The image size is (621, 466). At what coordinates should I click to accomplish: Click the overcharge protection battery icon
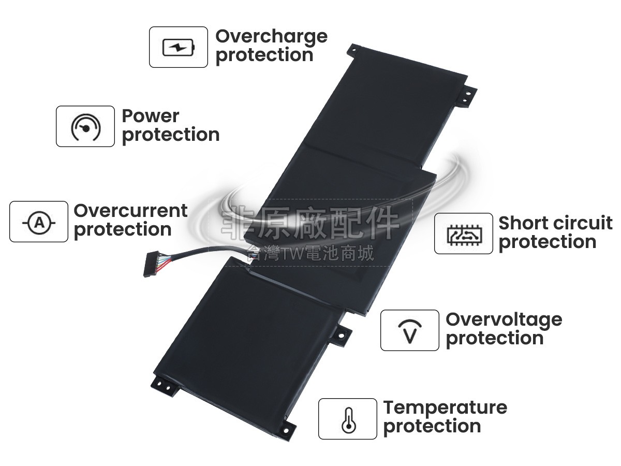coord(179,47)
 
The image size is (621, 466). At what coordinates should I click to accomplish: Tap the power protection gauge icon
coord(85,126)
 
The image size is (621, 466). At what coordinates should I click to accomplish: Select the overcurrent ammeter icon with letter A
coord(39,222)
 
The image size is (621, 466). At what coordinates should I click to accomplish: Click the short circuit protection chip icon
coord(463,234)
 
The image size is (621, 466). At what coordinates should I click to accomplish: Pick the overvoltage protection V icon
coord(409,330)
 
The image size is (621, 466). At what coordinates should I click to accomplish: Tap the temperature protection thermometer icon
coord(348,419)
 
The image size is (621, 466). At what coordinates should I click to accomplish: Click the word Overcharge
coord(271,37)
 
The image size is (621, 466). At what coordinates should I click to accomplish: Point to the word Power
coord(151,116)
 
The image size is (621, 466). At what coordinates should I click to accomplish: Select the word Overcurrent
coord(130,211)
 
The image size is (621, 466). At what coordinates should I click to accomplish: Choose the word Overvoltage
coord(504,319)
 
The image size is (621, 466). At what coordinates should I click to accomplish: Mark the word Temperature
coord(445,407)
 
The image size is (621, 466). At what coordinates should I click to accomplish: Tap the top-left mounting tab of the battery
coord(352,49)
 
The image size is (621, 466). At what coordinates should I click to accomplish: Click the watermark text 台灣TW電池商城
coord(310,254)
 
